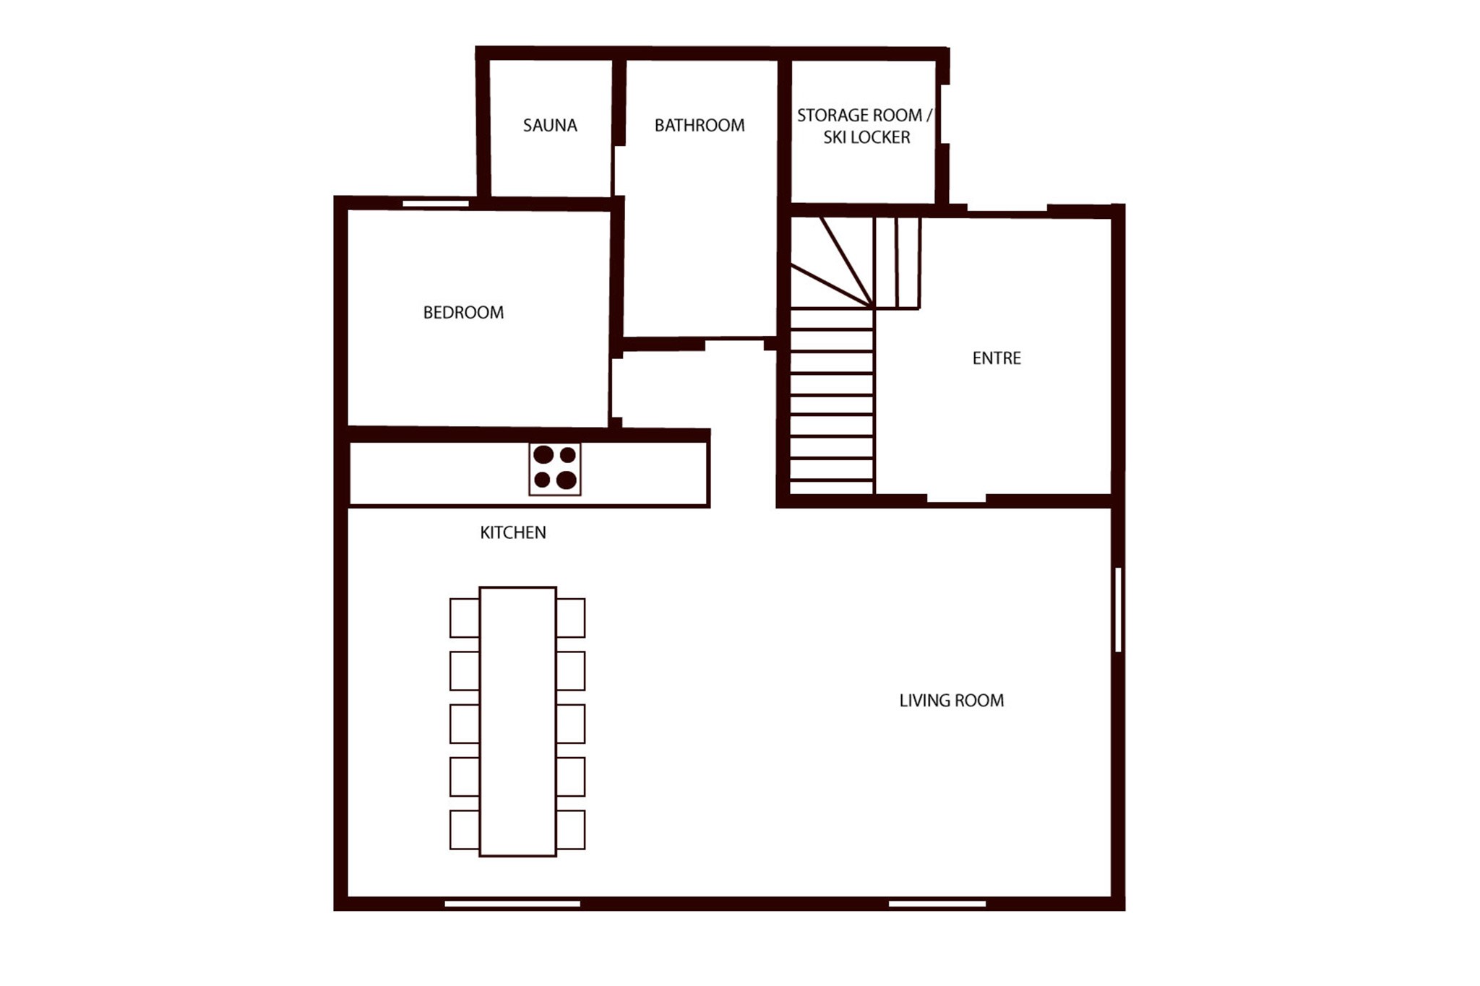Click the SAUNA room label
coord(550,126)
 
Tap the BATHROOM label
coord(700,126)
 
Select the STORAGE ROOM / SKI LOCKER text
coord(865,126)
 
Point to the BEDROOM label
coord(463,313)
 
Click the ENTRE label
coord(997,358)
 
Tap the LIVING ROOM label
coord(952,701)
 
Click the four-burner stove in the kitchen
coord(555,469)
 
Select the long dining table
coord(517,722)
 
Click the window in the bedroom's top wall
coord(436,204)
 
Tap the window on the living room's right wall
coord(1118,610)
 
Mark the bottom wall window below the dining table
coord(512,904)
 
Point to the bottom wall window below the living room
coord(937,904)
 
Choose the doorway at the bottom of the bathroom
coord(734,343)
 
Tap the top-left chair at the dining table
coord(465,618)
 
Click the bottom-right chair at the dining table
coord(571,829)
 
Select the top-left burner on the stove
coord(543,455)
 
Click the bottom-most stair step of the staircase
coord(832,488)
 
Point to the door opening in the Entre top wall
coord(1007,211)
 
